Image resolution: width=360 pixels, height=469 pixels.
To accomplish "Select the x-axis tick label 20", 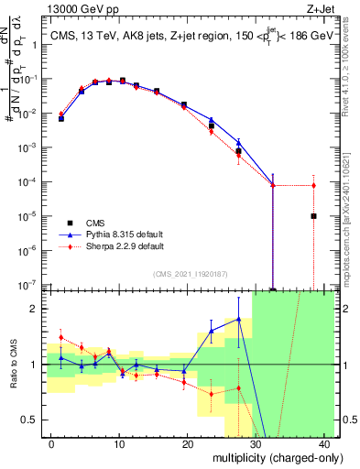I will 187,443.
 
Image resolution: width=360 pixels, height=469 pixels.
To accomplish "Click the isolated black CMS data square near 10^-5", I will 313,216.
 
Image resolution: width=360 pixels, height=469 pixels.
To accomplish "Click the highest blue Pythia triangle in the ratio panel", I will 238,320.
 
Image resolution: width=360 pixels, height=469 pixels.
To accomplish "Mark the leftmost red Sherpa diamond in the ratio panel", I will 61,337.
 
